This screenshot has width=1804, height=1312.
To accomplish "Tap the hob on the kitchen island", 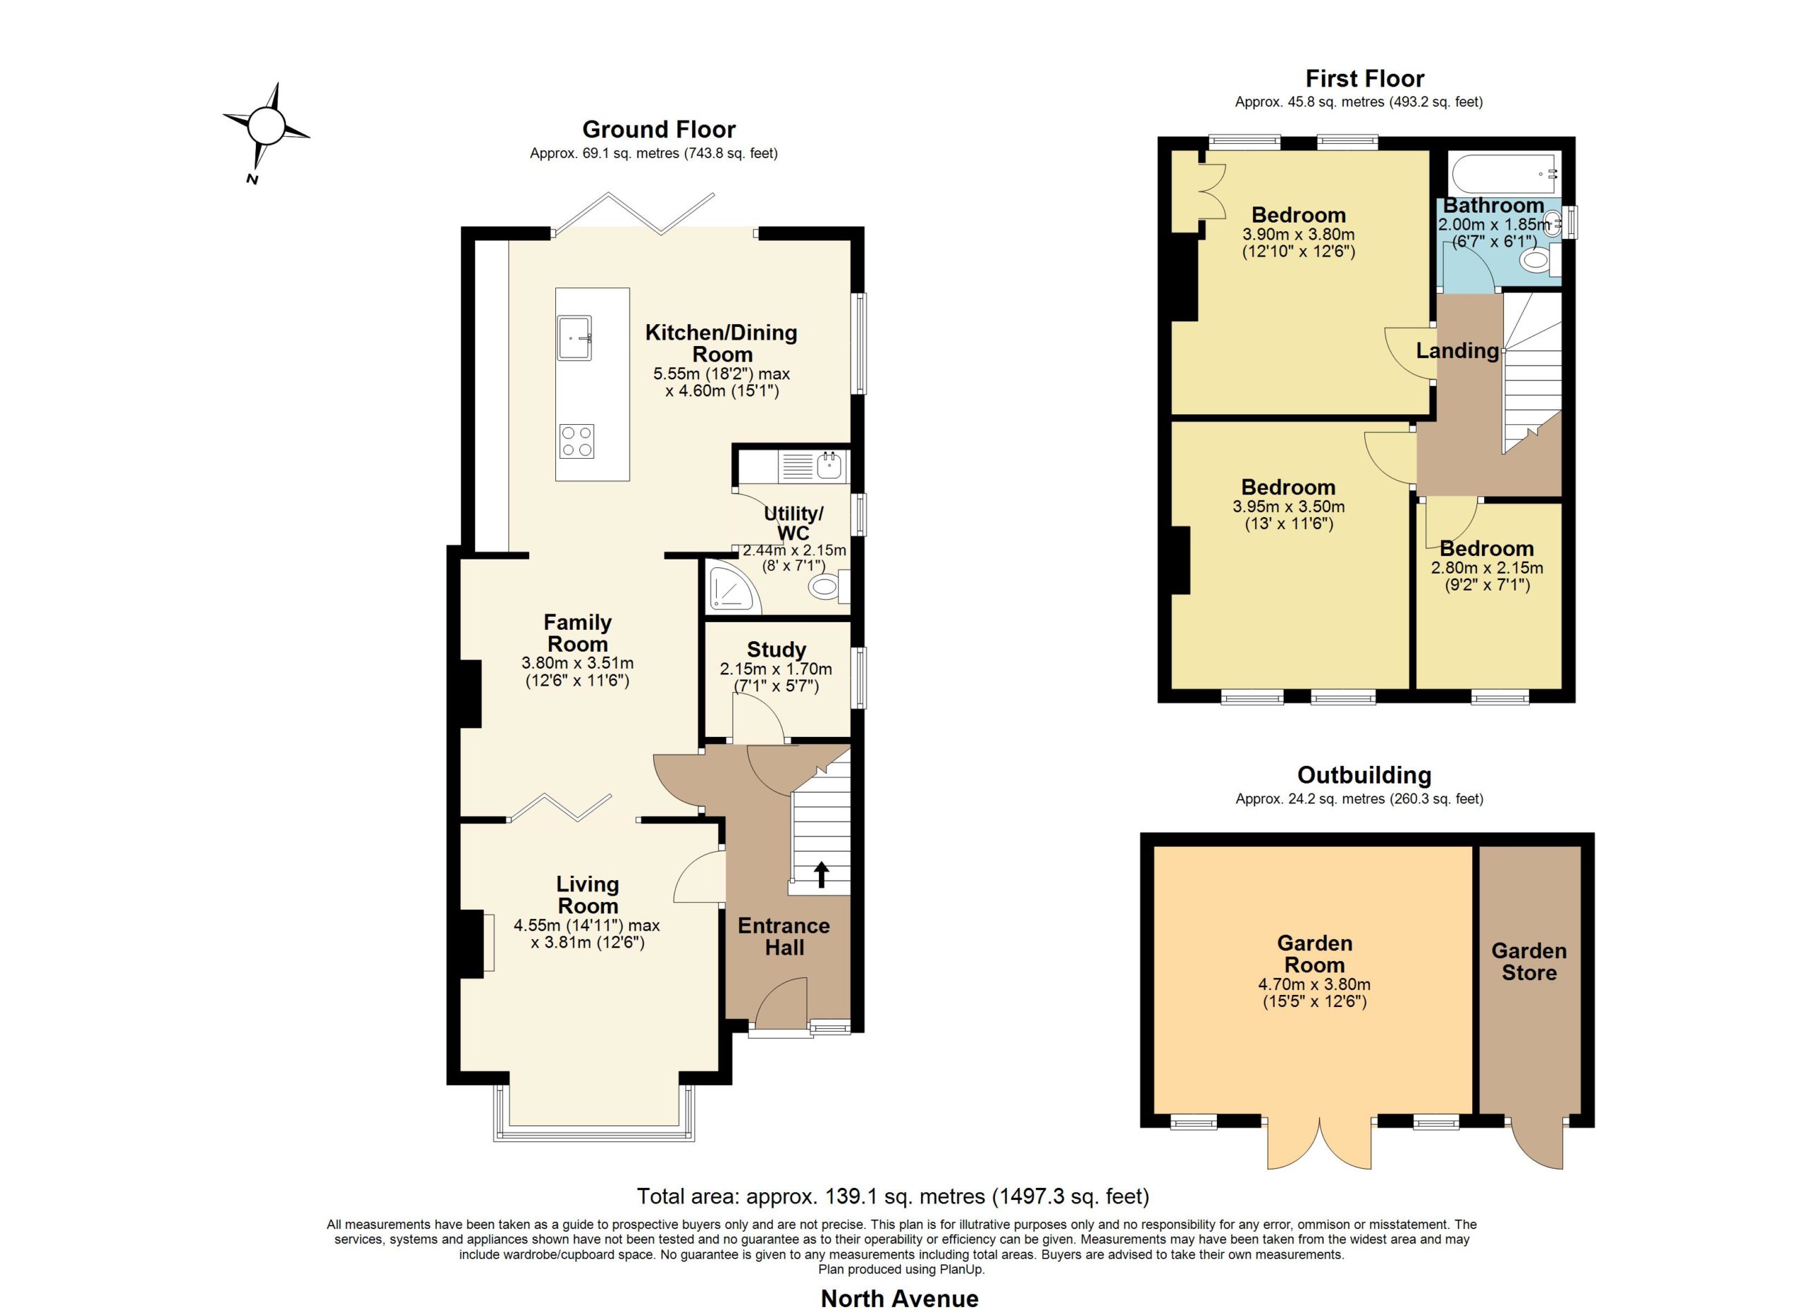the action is (576, 441).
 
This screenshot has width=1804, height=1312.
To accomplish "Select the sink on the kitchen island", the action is (575, 338).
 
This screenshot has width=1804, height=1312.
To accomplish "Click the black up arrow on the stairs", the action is (821, 874).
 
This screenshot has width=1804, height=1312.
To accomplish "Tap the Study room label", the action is (777, 650).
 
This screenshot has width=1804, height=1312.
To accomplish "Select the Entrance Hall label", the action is (784, 936).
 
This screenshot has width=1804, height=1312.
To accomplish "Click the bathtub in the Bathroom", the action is (1504, 173).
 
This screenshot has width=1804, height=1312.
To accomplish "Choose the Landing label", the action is (1457, 351).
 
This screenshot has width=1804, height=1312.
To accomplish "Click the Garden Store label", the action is (1528, 961).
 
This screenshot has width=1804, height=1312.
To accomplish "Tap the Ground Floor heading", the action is (659, 129).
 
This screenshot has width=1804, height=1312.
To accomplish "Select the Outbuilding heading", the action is (1364, 774).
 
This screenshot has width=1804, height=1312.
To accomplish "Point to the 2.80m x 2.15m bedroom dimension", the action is (1487, 568).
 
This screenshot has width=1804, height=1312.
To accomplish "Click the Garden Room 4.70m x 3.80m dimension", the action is (1314, 984).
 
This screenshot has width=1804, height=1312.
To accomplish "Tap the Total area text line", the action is (894, 1196).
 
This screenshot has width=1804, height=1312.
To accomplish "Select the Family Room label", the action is (577, 633).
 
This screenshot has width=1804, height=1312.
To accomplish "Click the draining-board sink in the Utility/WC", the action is (811, 465).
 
